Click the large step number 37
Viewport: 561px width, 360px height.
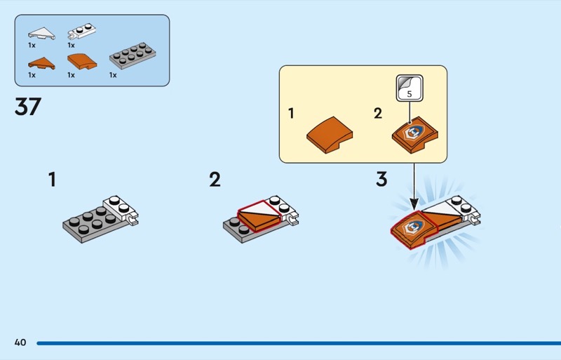click(28, 107)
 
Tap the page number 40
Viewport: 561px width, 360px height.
click(20, 342)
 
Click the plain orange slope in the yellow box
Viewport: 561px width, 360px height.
click(330, 132)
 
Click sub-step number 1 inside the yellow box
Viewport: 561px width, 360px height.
click(292, 113)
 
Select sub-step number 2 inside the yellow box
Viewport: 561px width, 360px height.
click(378, 113)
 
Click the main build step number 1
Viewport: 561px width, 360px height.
click(52, 180)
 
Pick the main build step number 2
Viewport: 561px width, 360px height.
click(215, 180)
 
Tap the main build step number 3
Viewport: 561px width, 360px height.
click(381, 179)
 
